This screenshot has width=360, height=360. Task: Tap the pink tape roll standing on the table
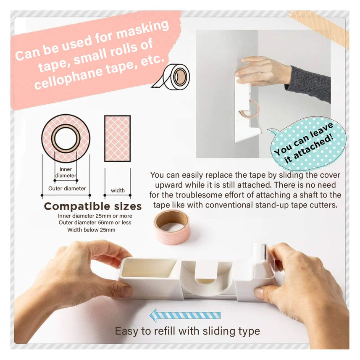pos(172,227)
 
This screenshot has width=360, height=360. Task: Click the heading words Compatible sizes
pos(93,206)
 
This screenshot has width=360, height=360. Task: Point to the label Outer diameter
pos(67,188)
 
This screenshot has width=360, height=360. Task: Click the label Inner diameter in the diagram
pos(66,172)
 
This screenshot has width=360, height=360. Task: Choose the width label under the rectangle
pos(118,190)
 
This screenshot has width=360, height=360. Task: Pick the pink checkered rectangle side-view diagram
pos(117,138)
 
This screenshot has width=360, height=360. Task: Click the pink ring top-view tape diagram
pos(66,138)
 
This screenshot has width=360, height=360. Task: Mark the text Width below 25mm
pos(91,230)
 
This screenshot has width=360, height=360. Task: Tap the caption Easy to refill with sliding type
pos(187,331)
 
